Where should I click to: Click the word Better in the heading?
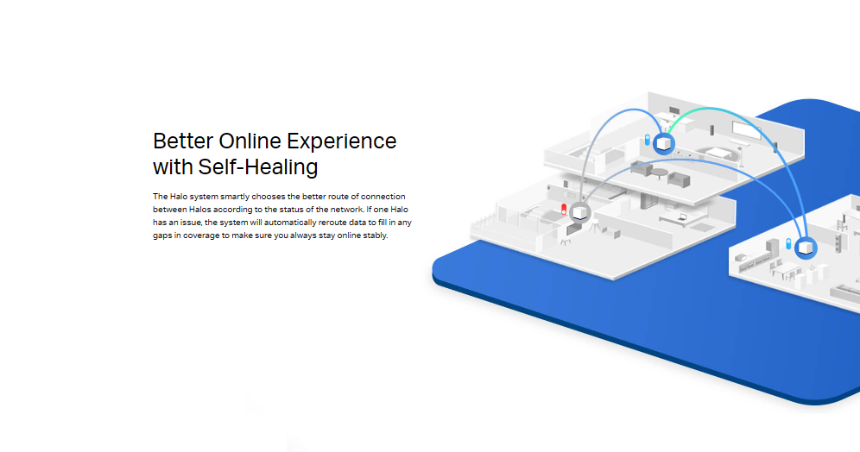183,141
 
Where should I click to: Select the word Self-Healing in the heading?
258,167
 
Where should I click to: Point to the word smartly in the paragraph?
235,197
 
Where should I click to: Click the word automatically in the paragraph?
290,223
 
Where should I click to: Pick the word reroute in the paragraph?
333,223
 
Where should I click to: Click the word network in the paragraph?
346,210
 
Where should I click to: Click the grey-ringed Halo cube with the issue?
579,212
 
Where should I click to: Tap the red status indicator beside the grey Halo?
564,210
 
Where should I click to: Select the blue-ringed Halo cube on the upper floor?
664,143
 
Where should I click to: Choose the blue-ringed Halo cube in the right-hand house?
806,248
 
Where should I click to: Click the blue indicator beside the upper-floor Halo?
648,141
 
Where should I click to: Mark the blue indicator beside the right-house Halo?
788,244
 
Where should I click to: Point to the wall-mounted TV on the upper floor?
747,131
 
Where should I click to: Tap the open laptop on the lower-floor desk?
682,217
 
